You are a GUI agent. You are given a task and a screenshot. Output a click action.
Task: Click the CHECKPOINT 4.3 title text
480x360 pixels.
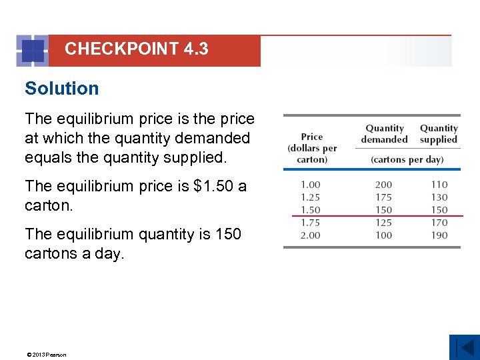click(137, 49)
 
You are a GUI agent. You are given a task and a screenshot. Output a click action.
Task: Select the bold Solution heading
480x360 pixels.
click(61, 89)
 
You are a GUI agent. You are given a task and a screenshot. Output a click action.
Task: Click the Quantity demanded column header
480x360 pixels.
click(384, 134)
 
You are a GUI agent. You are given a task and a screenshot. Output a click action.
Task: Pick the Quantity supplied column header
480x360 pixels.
click(439, 134)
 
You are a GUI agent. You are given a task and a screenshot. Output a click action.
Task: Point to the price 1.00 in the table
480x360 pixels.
click(310, 185)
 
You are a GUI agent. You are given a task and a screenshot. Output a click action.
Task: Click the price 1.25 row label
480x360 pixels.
click(310, 197)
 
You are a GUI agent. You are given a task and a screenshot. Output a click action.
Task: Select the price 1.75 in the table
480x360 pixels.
click(310, 223)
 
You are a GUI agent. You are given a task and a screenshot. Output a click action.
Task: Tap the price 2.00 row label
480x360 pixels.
click(310, 235)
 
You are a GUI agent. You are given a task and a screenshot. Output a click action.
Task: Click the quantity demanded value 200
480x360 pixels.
click(383, 185)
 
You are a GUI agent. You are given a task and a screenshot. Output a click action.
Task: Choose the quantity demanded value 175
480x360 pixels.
click(383, 197)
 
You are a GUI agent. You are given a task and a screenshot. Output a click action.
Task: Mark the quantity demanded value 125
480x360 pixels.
click(383, 223)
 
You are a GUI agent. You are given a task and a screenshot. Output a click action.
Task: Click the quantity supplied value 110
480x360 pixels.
click(439, 185)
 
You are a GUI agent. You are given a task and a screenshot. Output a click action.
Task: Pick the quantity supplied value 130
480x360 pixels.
click(439, 197)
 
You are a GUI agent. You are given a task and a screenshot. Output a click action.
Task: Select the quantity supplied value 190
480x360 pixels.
click(439, 235)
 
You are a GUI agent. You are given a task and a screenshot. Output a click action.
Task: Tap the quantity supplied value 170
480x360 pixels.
click(439, 223)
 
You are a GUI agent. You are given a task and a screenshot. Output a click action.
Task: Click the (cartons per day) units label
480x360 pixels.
click(407, 160)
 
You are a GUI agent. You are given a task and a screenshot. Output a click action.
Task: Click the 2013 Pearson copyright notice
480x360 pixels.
click(46, 355)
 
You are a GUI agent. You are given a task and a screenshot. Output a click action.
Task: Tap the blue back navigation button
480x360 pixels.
click(464, 347)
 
